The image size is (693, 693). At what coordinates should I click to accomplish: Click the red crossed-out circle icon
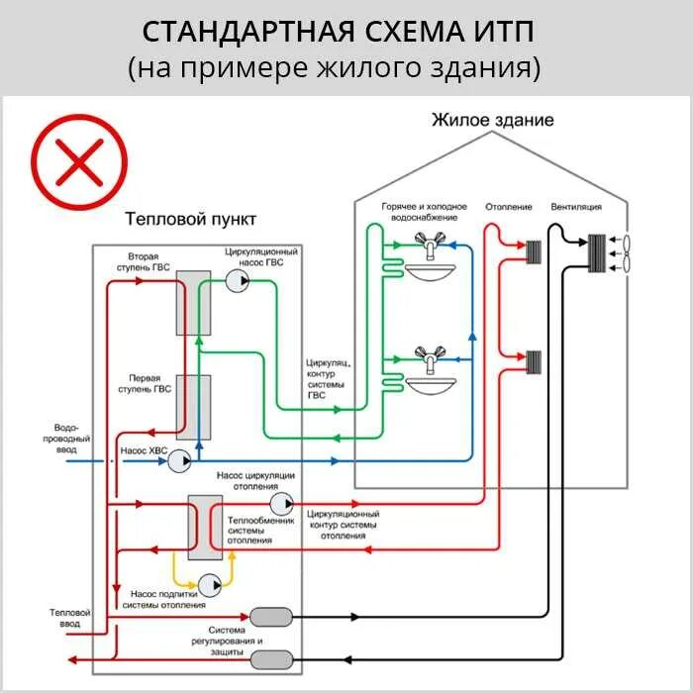[79, 162]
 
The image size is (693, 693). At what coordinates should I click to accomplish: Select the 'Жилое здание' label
[492, 120]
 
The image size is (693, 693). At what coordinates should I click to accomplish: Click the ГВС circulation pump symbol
[239, 281]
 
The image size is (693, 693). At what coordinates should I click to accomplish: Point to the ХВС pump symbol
[179, 461]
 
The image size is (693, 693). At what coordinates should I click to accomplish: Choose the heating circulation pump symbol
[281, 503]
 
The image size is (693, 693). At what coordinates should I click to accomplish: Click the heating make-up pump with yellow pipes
[210, 583]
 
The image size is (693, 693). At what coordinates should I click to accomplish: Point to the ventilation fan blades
[622, 253]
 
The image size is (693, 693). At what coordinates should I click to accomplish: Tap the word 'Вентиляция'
[576, 208]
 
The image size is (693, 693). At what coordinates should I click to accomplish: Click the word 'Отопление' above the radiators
[508, 208]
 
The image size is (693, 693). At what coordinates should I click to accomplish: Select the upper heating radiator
[535, 253]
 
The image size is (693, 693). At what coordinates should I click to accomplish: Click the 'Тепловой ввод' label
[69, 619]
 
